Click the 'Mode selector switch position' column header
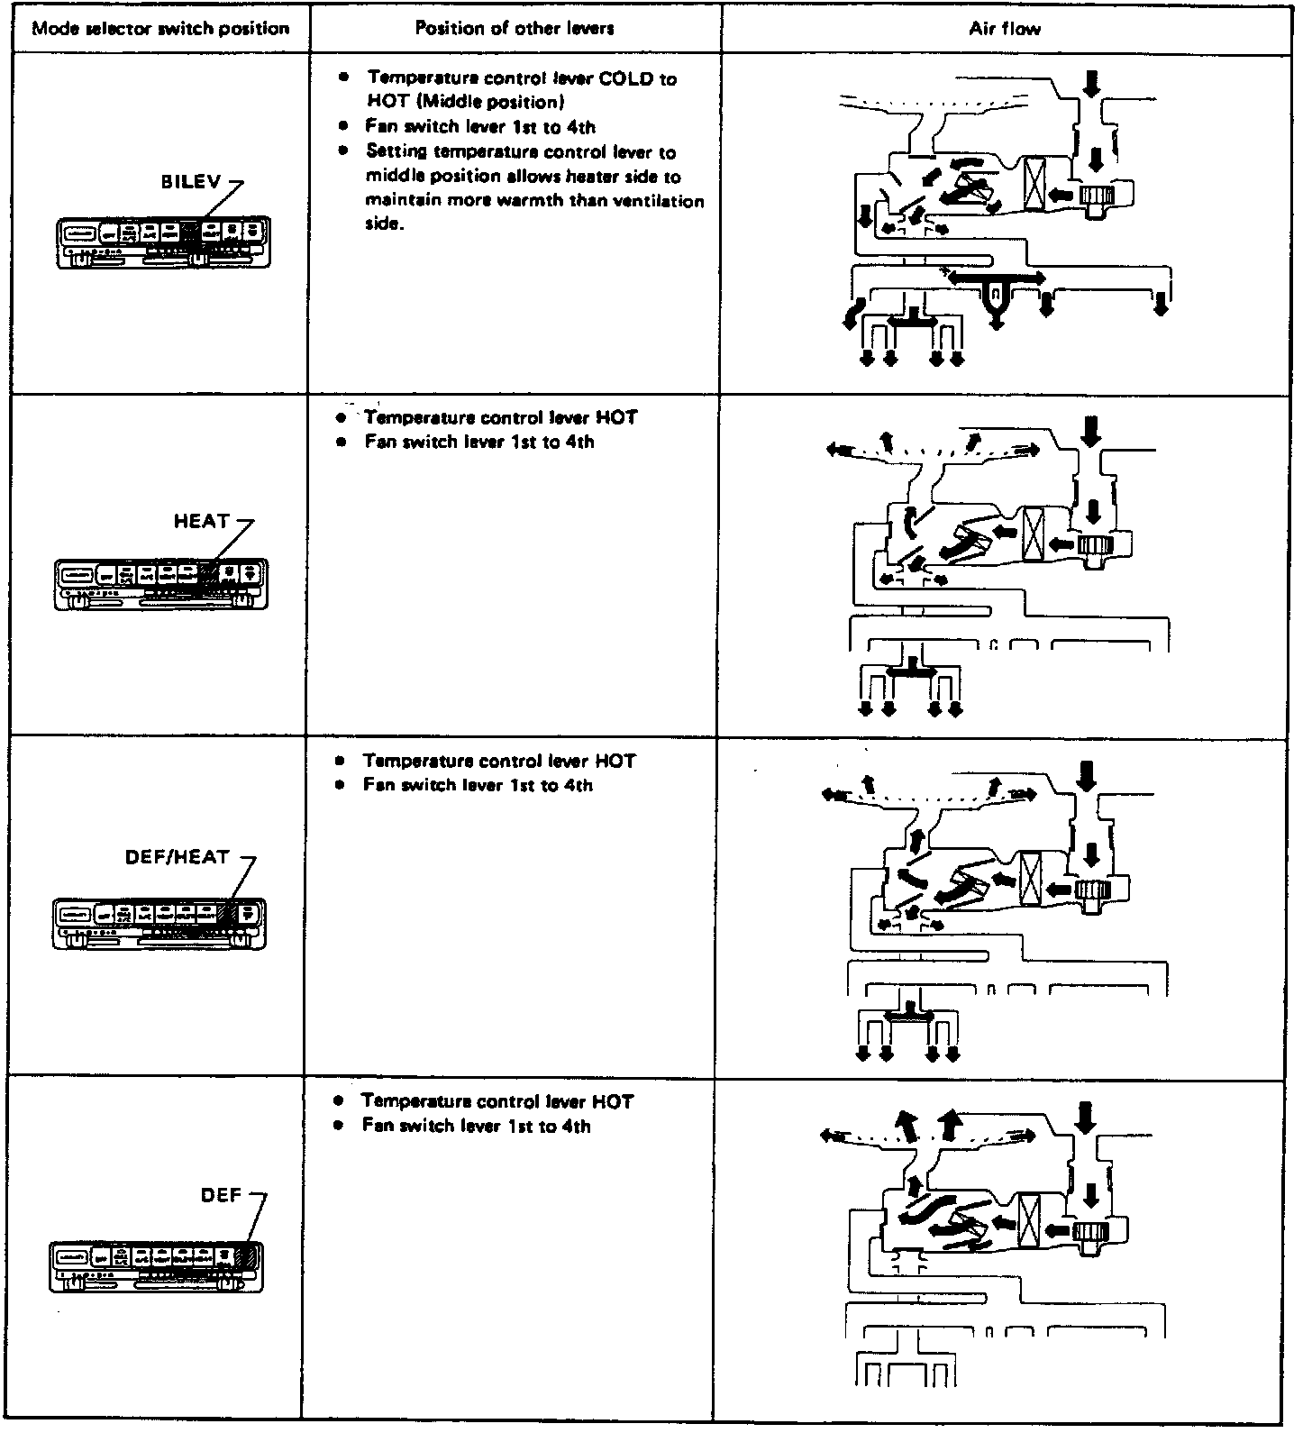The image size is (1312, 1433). coord(160,29)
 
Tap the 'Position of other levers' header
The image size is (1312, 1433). coord(515,29)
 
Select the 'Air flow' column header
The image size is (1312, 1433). coord(1005,29)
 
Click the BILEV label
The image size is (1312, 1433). coord(190,181)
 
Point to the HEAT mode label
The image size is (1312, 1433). coord(201,521)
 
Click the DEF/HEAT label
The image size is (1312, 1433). coord(178,857)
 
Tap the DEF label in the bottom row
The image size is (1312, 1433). coord(221,1195)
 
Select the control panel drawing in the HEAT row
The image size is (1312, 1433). coord(161,583)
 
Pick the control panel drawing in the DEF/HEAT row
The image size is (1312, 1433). coord(160,922)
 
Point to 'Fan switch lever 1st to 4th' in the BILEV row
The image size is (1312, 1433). coord(479,127)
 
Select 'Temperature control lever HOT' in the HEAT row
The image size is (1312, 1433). coord(501,418)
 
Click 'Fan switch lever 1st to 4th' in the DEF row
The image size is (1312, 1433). coord(476,1126)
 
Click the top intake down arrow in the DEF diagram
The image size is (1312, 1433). coord(1088,1118)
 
